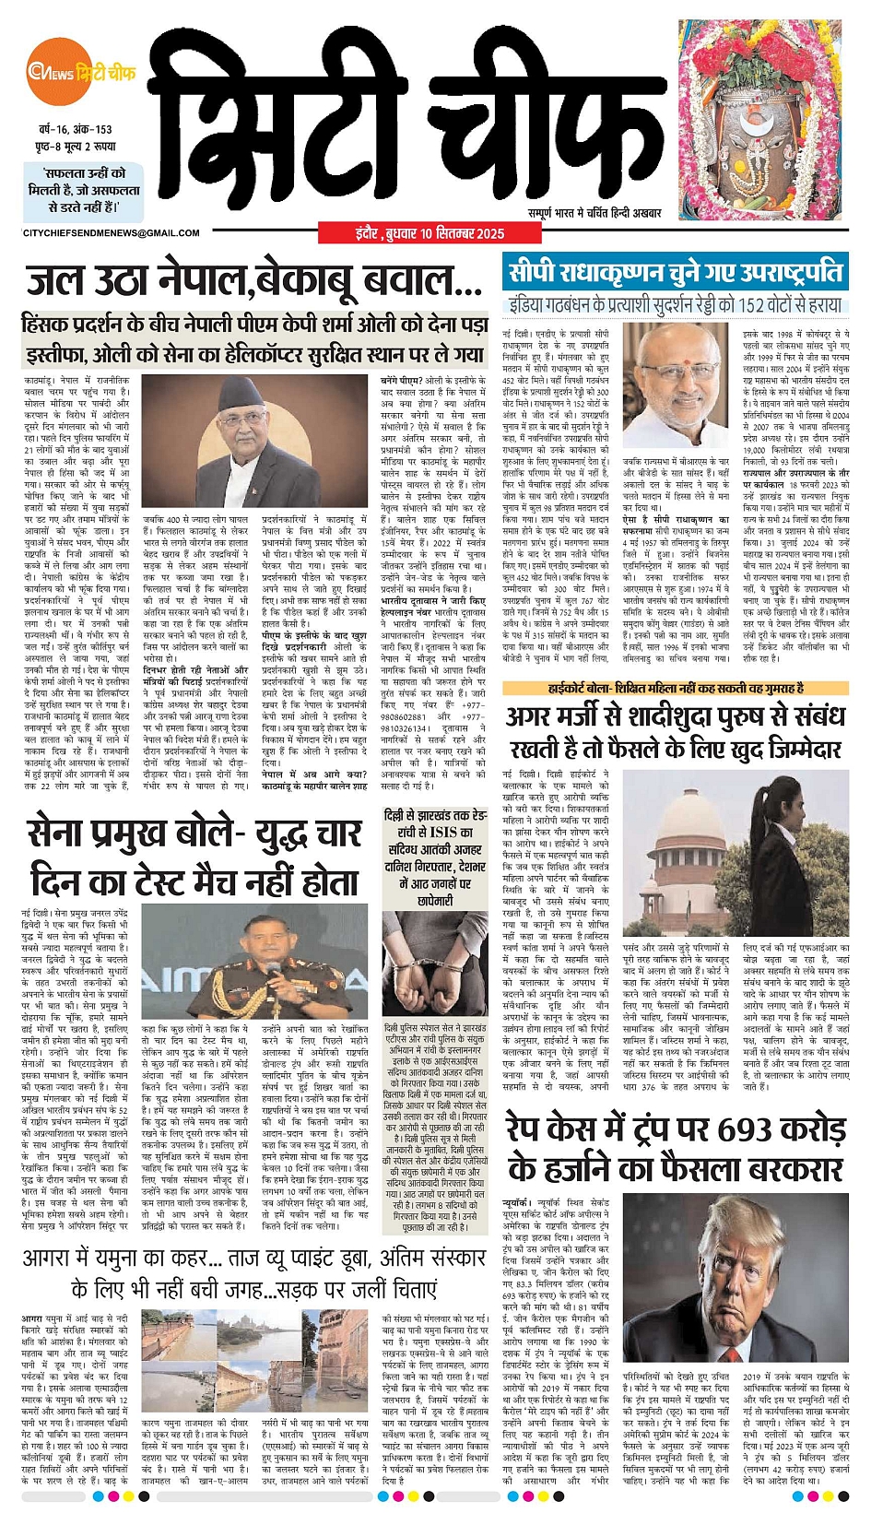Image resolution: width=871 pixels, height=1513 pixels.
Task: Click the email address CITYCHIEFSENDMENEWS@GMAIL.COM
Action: click(x=111, y=233)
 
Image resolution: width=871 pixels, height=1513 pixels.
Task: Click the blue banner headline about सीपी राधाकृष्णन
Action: click(x=675, y=272)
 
